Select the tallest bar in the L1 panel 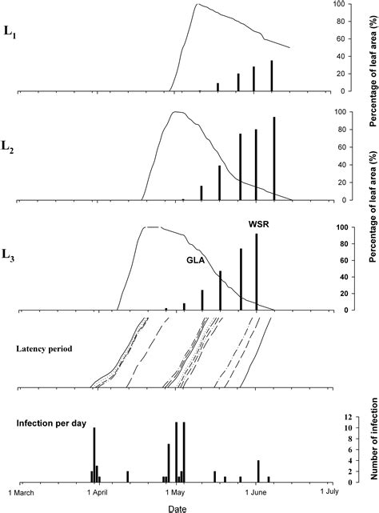[272, 75]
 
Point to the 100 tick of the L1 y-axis [341, 4]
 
